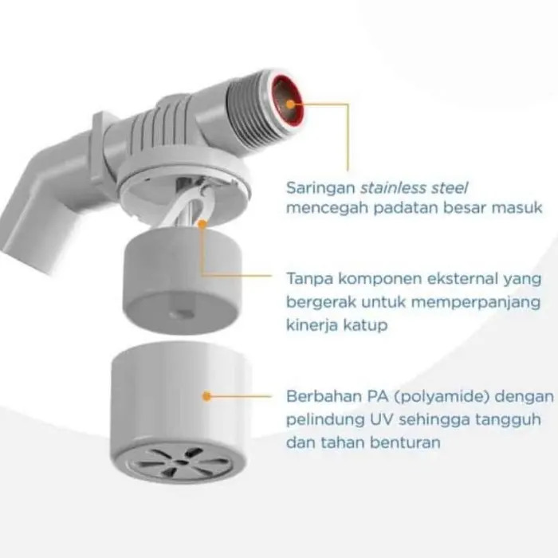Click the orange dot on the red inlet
pos(291,104)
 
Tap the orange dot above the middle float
pos(202,225)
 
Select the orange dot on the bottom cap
pos(206,396)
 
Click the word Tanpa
pos(309,279)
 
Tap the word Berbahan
pos(322,396)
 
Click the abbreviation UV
pos(379,419)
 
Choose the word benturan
pos(405,442)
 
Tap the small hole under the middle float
pos(180,315)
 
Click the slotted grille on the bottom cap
pos(182,463)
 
